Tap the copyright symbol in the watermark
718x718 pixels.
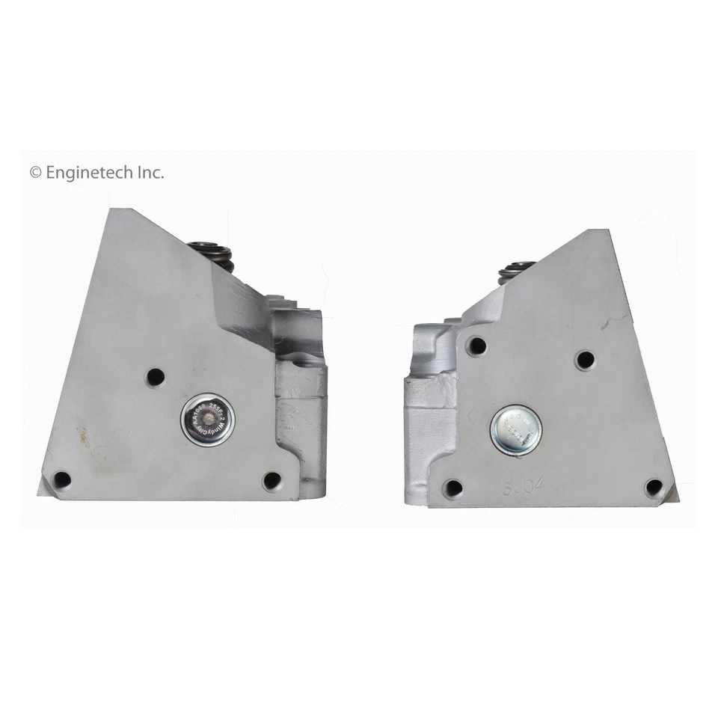pyautogui.click(x=35, y=173)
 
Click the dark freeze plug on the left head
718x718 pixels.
pyautogui.click(x=207, y=420)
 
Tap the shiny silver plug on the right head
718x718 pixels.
pyautogui.click(x=516, y=431)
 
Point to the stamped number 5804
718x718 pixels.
pyautogui.click(x=524, y=485)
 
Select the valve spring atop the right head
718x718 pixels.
pyautogui.click(x=517, y=269)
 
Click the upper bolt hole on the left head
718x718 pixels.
pyautogui.click(x=155, y=377)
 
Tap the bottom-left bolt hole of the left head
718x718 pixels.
pyautogui.click(x=62, y=479)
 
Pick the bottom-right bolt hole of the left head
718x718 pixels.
pyautogui.click(x=272, y=480)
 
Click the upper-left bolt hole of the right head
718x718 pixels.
pyautogui.click(x=476, y=346)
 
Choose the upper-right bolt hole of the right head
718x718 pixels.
pyautogui.click(x=585, y=360)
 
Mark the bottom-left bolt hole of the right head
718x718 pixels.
pyautogui.click(x=452, y=489)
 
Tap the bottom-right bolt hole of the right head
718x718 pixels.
pyautogui.click(x=654, y=488)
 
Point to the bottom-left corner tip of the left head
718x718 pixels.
pyautogui.click(x=39, y=494)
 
